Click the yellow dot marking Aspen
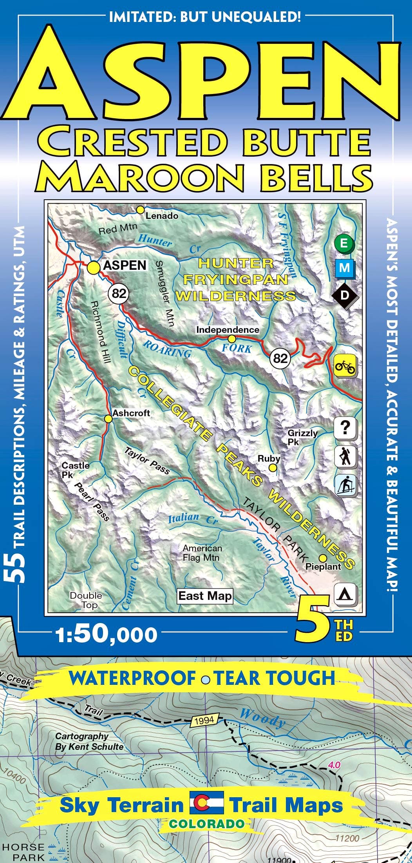coord(94,268)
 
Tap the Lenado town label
coord(162,216)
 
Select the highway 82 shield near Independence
coord(280,358)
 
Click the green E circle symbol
coord(344,243)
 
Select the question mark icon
coord(345,428)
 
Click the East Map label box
coord(205,596)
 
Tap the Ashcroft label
coord(131,413)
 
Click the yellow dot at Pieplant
coord(323,558)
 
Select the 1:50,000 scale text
coord(107,635)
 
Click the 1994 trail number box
coord(204,719)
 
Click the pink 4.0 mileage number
coord(335,764)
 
